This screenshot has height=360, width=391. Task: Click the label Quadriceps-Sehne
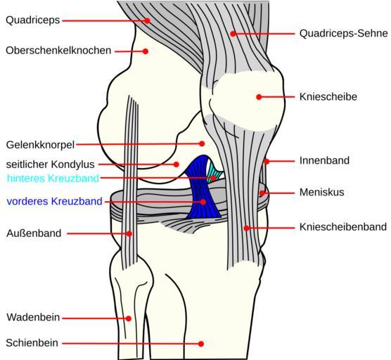click(343, 34)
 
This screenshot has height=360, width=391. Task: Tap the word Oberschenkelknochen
click(58, 51)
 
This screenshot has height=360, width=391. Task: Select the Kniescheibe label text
click(328, 97)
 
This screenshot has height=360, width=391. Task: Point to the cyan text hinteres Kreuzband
click(53, 179)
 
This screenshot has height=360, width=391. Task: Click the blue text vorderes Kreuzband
click(54, 201)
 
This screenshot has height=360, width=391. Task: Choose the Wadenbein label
click(33, 317)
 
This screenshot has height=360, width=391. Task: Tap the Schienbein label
click(32, 343)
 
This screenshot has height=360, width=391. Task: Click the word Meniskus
click(321, 192)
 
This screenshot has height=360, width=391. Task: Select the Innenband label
click(324, 160)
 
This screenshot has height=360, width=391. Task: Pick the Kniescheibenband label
click(343, 227)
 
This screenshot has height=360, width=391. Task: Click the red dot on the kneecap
click(259, 97)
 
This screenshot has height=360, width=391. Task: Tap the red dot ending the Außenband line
click(129, 233)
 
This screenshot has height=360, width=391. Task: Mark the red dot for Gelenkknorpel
click(202, 143)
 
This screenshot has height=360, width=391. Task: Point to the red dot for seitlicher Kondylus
click(176, 165)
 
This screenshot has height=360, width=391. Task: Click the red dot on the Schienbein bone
click(201, 344)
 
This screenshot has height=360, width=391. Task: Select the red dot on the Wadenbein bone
click(129, 319)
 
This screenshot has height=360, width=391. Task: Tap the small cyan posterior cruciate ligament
click(214, 172)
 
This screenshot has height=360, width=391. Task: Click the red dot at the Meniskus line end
click(262, 193)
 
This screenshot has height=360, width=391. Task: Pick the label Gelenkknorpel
click(40, 145)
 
